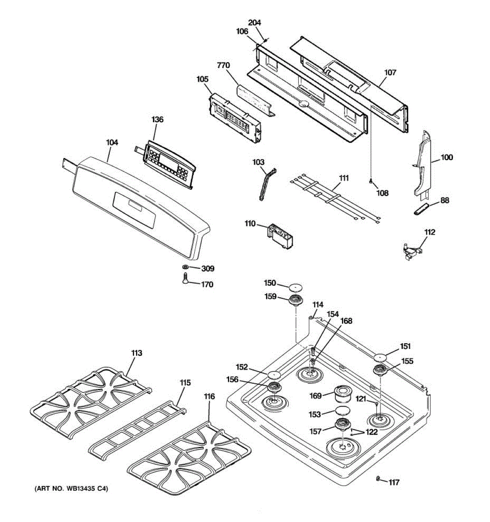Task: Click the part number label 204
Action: (254, 23)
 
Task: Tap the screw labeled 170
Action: (185, 278)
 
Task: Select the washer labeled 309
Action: (185, 267)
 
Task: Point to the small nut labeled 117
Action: (378, 479)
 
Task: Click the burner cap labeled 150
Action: (296, 287)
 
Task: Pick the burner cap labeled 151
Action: (380, 358)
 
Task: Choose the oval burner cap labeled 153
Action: (342, 411)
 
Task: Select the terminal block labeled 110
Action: (280, 236)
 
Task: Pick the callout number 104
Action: (112, 143)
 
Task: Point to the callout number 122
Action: (372, 432)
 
